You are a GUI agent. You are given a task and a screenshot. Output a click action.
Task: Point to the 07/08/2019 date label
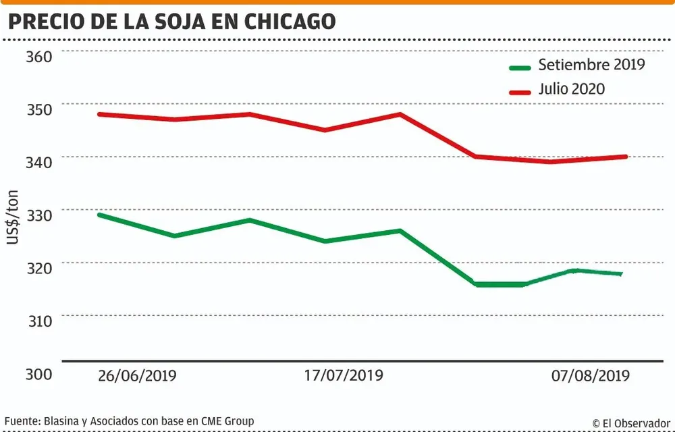pos(588,375)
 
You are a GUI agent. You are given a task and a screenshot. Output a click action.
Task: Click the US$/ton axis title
pos(13,217)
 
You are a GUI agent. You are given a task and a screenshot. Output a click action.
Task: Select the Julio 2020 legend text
pos(572,88)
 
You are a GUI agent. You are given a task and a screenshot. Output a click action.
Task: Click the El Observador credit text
pos(631,423)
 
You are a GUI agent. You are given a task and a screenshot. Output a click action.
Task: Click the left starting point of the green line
pos(99,215)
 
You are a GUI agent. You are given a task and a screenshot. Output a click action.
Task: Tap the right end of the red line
pos(626,157)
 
